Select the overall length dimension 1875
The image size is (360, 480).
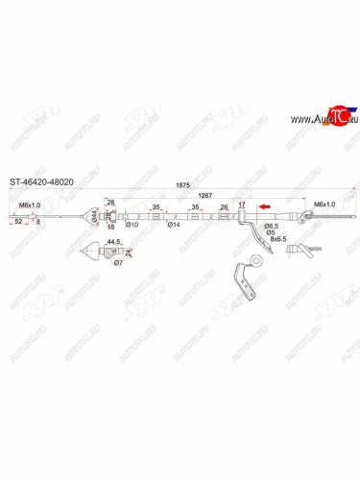pos(182,188)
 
